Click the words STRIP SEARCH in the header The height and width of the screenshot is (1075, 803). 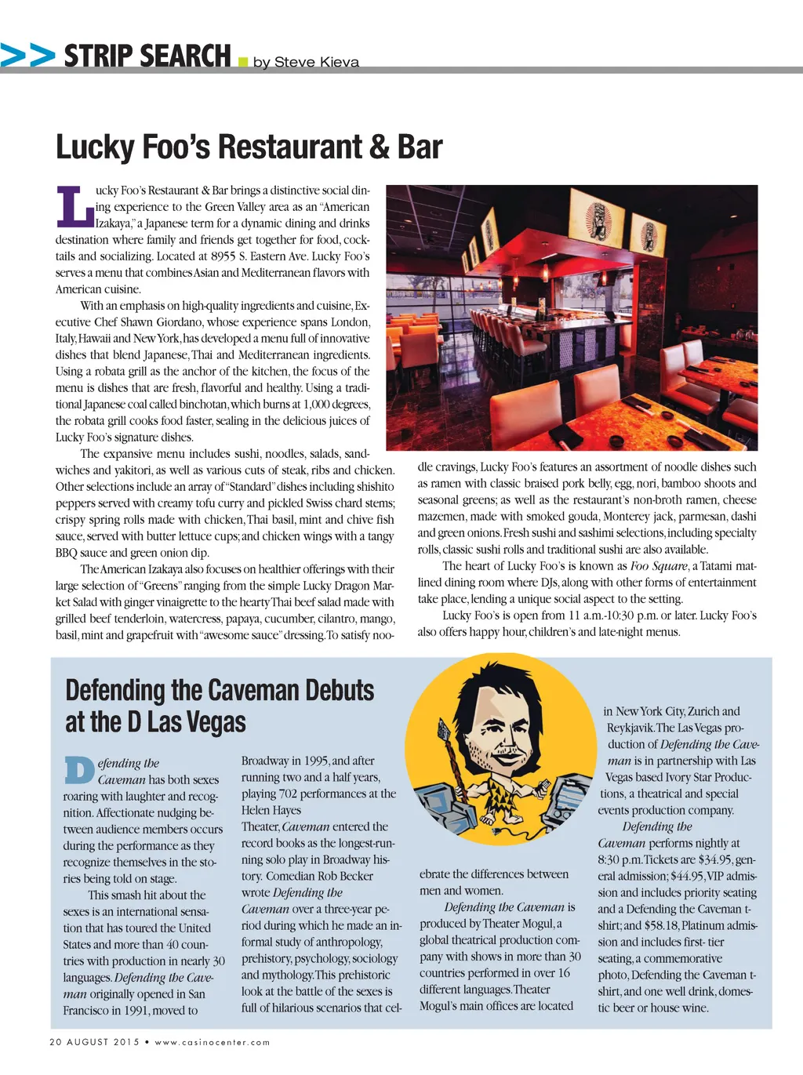[147, 56]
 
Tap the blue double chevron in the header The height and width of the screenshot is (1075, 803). [27, 56]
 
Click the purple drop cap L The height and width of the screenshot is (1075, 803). [74, 205]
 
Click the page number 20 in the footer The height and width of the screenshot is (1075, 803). [55, 1042]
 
